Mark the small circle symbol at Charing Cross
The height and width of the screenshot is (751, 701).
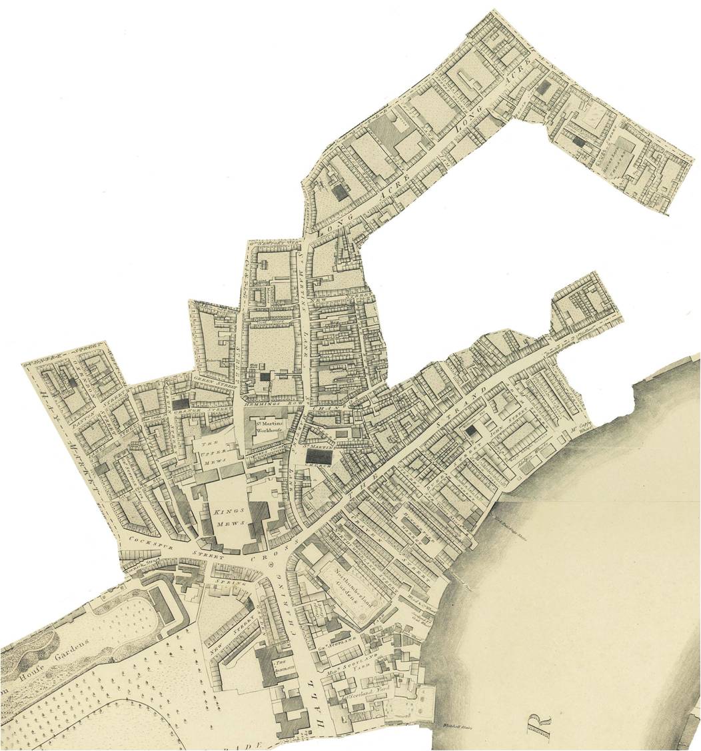[x=271, y=564]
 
